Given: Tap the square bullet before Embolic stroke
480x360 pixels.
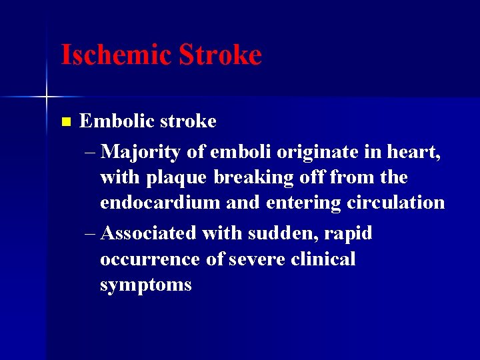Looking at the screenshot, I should (65, 122).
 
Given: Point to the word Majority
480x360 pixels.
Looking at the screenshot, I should (142, 153).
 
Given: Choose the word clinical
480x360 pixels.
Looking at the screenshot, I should (324, 259).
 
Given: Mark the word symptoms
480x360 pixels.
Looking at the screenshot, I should (146, 285).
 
